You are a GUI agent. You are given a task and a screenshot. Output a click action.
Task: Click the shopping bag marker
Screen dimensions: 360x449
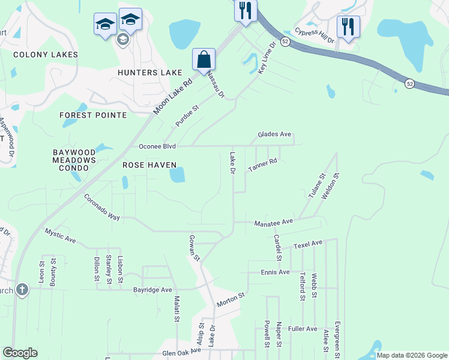tap(203, 60)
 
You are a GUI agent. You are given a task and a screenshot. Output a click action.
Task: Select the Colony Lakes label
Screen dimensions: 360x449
tap(46, 55)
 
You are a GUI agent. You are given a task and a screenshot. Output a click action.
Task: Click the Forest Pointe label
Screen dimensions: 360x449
tap(93, 115)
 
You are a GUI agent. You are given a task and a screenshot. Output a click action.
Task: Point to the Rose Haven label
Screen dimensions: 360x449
tap(149, 165)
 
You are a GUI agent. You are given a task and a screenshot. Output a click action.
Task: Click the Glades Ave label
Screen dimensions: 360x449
tap(274, 135)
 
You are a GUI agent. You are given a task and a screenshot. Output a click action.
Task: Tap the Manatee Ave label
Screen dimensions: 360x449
tap(273, 222)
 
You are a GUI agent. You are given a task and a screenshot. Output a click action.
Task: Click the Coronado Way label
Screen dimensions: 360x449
tap(102, 207)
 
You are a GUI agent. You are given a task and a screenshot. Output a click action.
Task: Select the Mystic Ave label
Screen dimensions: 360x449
tap(61, 235)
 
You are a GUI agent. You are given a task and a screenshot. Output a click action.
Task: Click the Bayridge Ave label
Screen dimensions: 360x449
tap(152, 290)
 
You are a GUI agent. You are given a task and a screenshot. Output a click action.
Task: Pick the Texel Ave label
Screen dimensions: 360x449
tap(308, 244)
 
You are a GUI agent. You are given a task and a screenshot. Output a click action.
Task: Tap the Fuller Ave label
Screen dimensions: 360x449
tap(303, 329)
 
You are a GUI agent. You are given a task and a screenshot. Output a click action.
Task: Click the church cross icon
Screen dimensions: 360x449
tap(22, 290)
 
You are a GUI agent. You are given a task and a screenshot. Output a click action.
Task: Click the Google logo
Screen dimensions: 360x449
tap(20, 353)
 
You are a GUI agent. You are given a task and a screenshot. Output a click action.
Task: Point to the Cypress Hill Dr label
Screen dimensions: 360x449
tap(315, 35)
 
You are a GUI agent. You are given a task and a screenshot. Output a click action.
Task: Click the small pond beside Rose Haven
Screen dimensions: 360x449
tap(177, 175)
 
